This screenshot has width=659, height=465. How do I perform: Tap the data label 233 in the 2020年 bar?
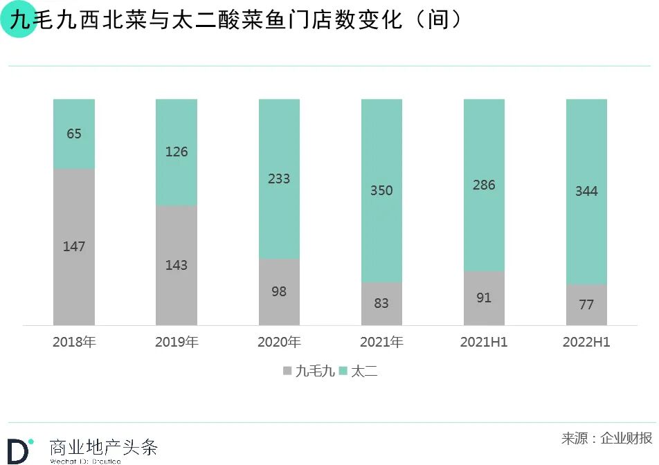pyautogui.click(x=279, y=179)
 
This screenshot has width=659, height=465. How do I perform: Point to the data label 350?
pyautogui.click(x=381, y=190)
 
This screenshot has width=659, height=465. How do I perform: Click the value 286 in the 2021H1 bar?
pyautogui.click(x=484, y=185)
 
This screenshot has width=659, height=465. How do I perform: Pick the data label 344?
pyautogui.click(x=586, y=191)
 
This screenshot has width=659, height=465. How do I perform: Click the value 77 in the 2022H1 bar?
pyautogui.click(x=586, y=304)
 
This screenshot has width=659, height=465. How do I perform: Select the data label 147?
pyautogui.click(x=74, y=246)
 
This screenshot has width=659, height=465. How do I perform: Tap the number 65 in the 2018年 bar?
pyautogui.click(x=74, y=134)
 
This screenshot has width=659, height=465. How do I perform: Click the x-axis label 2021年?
pyautogui.click(x=381, y=343)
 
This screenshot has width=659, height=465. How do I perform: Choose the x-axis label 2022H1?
pyautogui.click(x=586, y=343)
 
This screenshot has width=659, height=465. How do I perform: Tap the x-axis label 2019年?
pyautogui.click(x=177, y=343)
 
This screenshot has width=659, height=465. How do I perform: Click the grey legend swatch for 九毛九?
pyautogui.click(x=287, y=372)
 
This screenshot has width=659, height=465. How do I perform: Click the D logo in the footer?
pyautogui.click(x=18, y=450)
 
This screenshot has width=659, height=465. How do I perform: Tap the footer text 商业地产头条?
pyautogui.click(x=104, y=447)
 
